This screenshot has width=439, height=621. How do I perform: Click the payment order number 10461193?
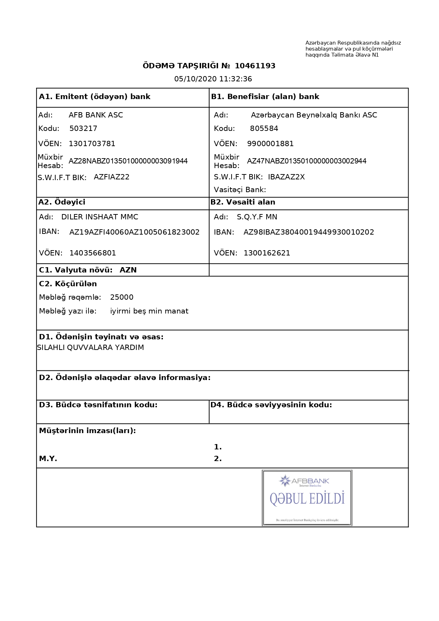click(x=255, y=66)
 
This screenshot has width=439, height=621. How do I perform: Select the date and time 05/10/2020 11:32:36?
click(x=213, y=79)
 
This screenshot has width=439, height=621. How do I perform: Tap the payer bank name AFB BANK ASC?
click(x=96, y=115)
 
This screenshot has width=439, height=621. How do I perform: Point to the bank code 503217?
click(x=83, y=128)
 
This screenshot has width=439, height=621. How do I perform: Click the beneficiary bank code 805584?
click(x=264, y=128)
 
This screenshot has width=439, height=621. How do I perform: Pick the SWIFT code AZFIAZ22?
click(x=112, y=177)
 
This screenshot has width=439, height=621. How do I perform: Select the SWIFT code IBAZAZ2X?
click(x=286, y=177)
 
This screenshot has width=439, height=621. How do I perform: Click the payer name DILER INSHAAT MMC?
click(x=99, y=217)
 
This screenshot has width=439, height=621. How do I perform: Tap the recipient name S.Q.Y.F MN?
click(x=257, y=217)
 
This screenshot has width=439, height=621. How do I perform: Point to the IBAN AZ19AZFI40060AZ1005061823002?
click(x=134, y=232)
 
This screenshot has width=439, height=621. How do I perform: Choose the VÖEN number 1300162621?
click(x=267, y=253)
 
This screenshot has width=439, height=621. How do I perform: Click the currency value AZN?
click(x=128, y=270)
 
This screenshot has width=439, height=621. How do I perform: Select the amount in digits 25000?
click(x=121, y=297)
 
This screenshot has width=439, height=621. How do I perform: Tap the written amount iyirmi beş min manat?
click(x=149, y=311)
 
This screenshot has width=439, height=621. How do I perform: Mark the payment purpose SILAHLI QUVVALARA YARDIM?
click(x=90, y=347)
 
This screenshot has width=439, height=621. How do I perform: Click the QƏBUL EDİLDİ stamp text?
click(x=307, y=499)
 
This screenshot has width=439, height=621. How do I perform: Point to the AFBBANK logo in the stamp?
click(x=304, y=481)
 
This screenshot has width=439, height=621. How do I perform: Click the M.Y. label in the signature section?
click(x=48, y=459)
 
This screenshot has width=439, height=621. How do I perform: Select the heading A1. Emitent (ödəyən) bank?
click(x=95, y=97)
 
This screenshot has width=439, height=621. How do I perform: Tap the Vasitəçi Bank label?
click(x=240, y=190)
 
